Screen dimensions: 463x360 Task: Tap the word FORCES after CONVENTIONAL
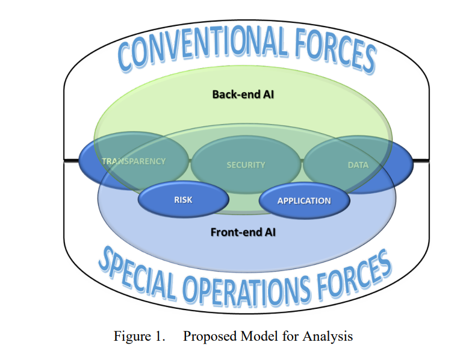coord(335,51)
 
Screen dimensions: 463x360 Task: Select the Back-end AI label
coord(243,95)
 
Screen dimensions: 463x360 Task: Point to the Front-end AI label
coord(243,232)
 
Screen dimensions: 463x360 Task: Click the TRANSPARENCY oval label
coord(134,161)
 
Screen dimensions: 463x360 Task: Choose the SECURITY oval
coord(246,165)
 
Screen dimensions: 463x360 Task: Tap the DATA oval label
coord(358,165)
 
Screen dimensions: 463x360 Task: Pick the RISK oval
coord(184,200)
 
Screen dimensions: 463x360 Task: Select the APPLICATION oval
coord(305,201)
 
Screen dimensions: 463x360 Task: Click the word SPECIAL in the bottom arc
coord(137,272)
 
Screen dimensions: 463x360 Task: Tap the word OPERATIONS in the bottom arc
coord(247,291)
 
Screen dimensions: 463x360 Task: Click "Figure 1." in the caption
coord(139,337)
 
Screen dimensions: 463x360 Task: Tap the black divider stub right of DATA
coord(421,160)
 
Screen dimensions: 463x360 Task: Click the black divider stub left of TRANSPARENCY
coord(72,160)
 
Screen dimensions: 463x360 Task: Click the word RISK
coord(184,200)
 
